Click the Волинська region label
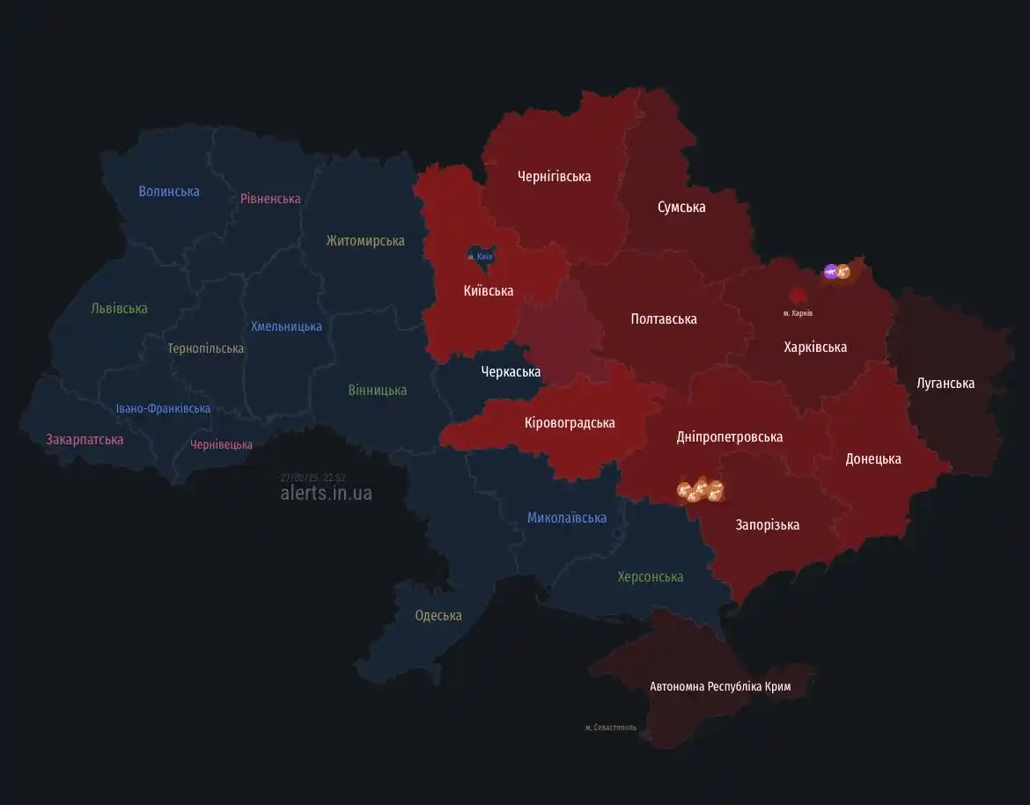(169, 191)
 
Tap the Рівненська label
(270, 198)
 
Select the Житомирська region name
(365, 240)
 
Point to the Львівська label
(119, 308)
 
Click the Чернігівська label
(554, 176)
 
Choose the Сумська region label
(681, 207)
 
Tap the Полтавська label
(664, 318)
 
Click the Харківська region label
(815, 347)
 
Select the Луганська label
(945, 383)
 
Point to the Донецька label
(872, 458)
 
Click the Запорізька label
(768, 524)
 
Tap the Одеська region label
(438, 615)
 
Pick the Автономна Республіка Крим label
(720, 686)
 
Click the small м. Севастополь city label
(611, 728)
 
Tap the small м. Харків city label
(798, 313)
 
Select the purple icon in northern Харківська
(830, 271)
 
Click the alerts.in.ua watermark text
(326, 493)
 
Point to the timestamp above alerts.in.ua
(313, 477)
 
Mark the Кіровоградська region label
(570, 422)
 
